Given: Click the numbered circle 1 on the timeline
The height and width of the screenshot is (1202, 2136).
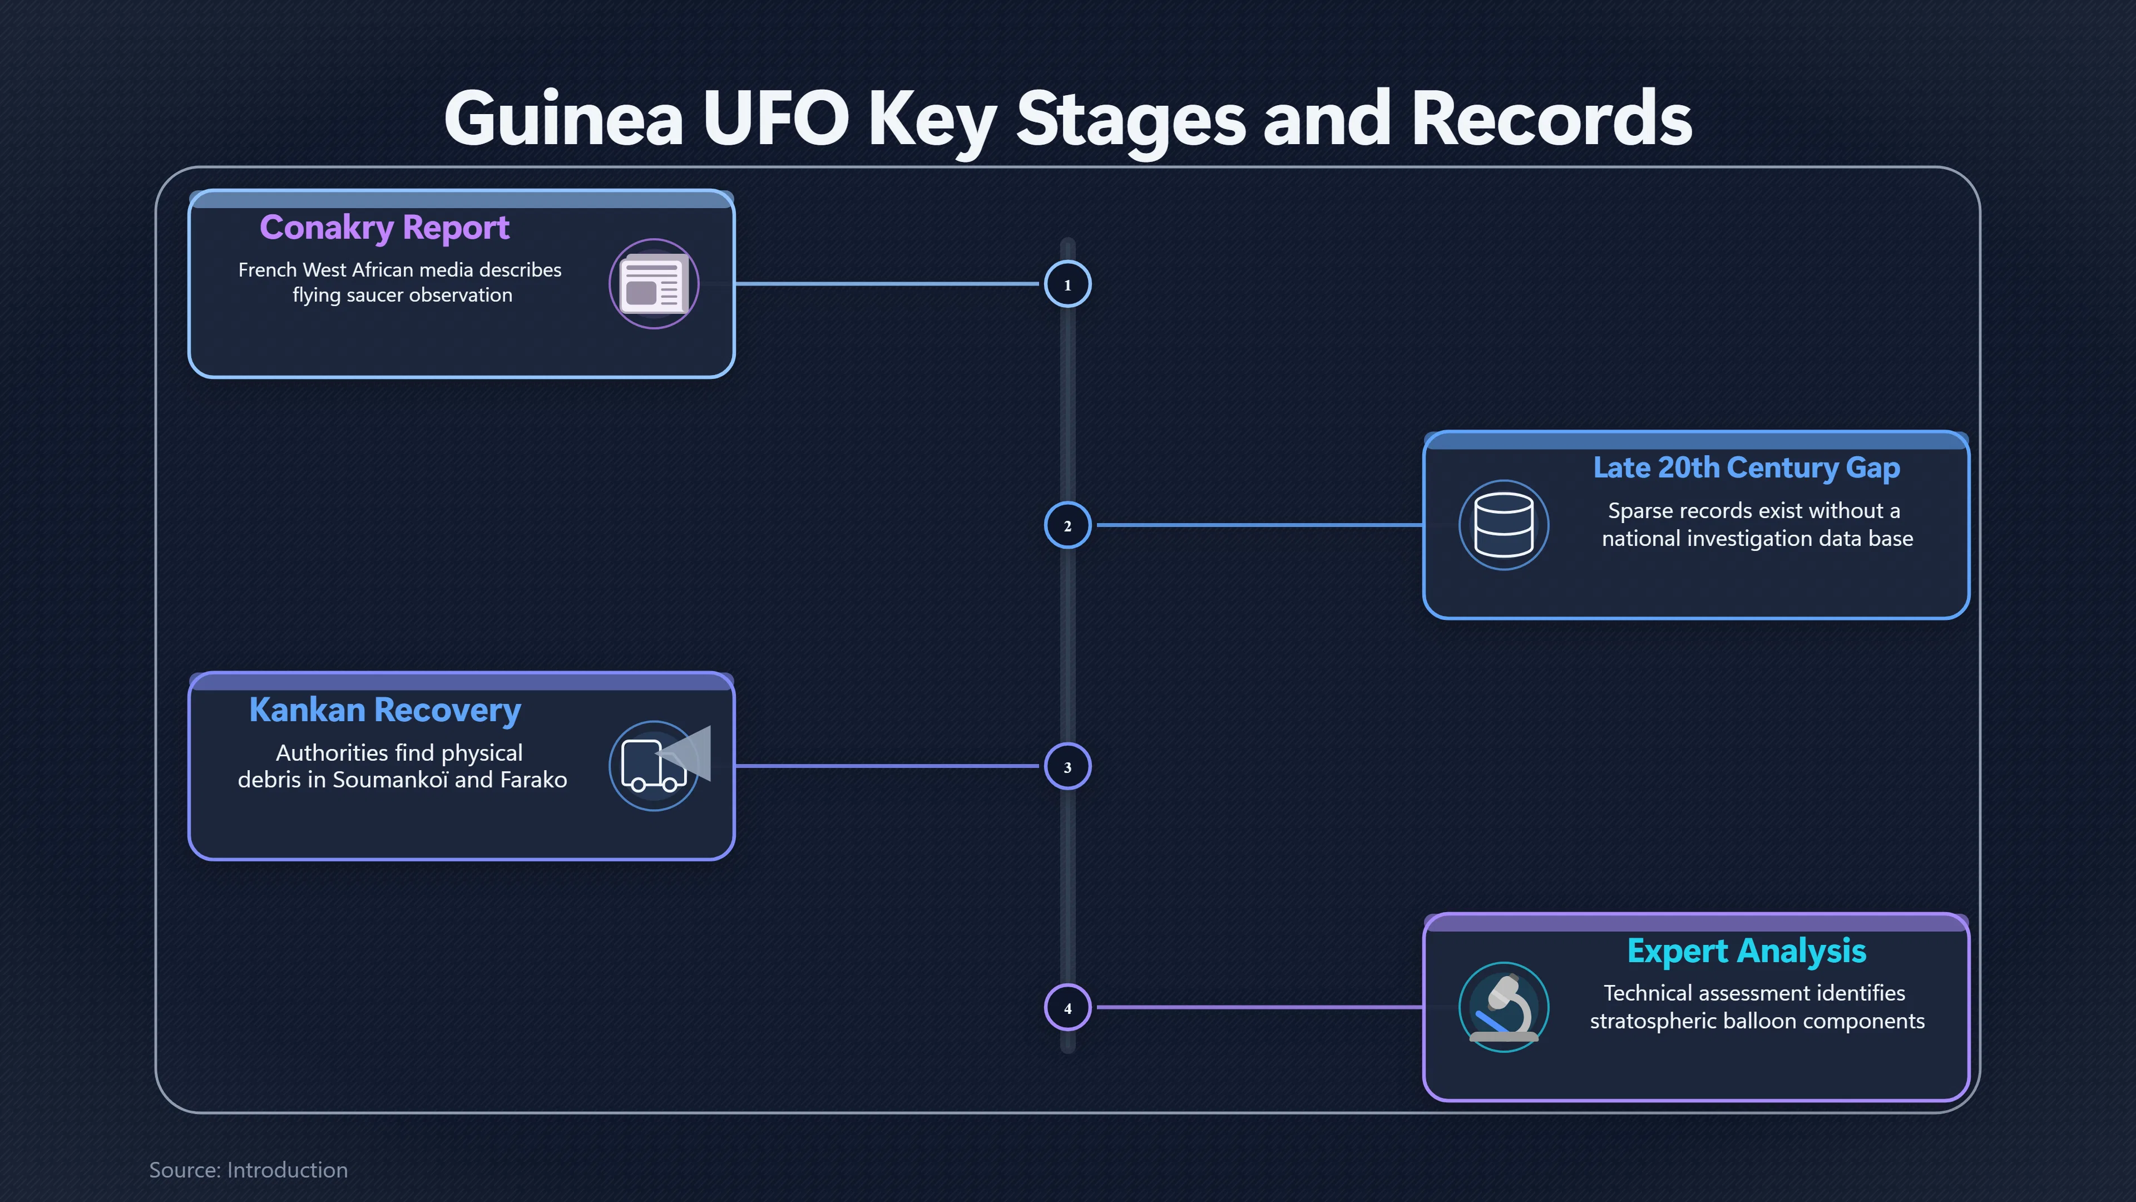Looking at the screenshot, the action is [1067, 284].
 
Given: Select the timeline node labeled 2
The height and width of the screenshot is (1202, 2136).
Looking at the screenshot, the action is [1067, 525].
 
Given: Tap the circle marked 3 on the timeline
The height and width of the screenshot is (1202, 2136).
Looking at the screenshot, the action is [1067, 766].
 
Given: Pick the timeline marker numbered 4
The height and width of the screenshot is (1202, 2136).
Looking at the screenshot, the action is [1067, 1008].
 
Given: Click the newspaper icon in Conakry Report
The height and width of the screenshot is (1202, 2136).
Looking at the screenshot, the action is [654, 284].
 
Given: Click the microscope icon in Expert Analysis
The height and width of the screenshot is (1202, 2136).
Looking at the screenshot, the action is [1504, 1008].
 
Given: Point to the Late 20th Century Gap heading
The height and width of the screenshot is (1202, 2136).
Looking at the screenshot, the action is [1746, 468].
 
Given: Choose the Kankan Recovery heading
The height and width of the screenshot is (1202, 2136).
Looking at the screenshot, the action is [385, 710].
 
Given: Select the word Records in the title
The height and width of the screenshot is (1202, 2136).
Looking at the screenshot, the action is [1551, 119].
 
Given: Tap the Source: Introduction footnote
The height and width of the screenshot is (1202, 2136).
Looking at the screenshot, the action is [249, 1170].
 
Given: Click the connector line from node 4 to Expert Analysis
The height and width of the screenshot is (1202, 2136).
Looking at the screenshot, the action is [1259, 1007].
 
